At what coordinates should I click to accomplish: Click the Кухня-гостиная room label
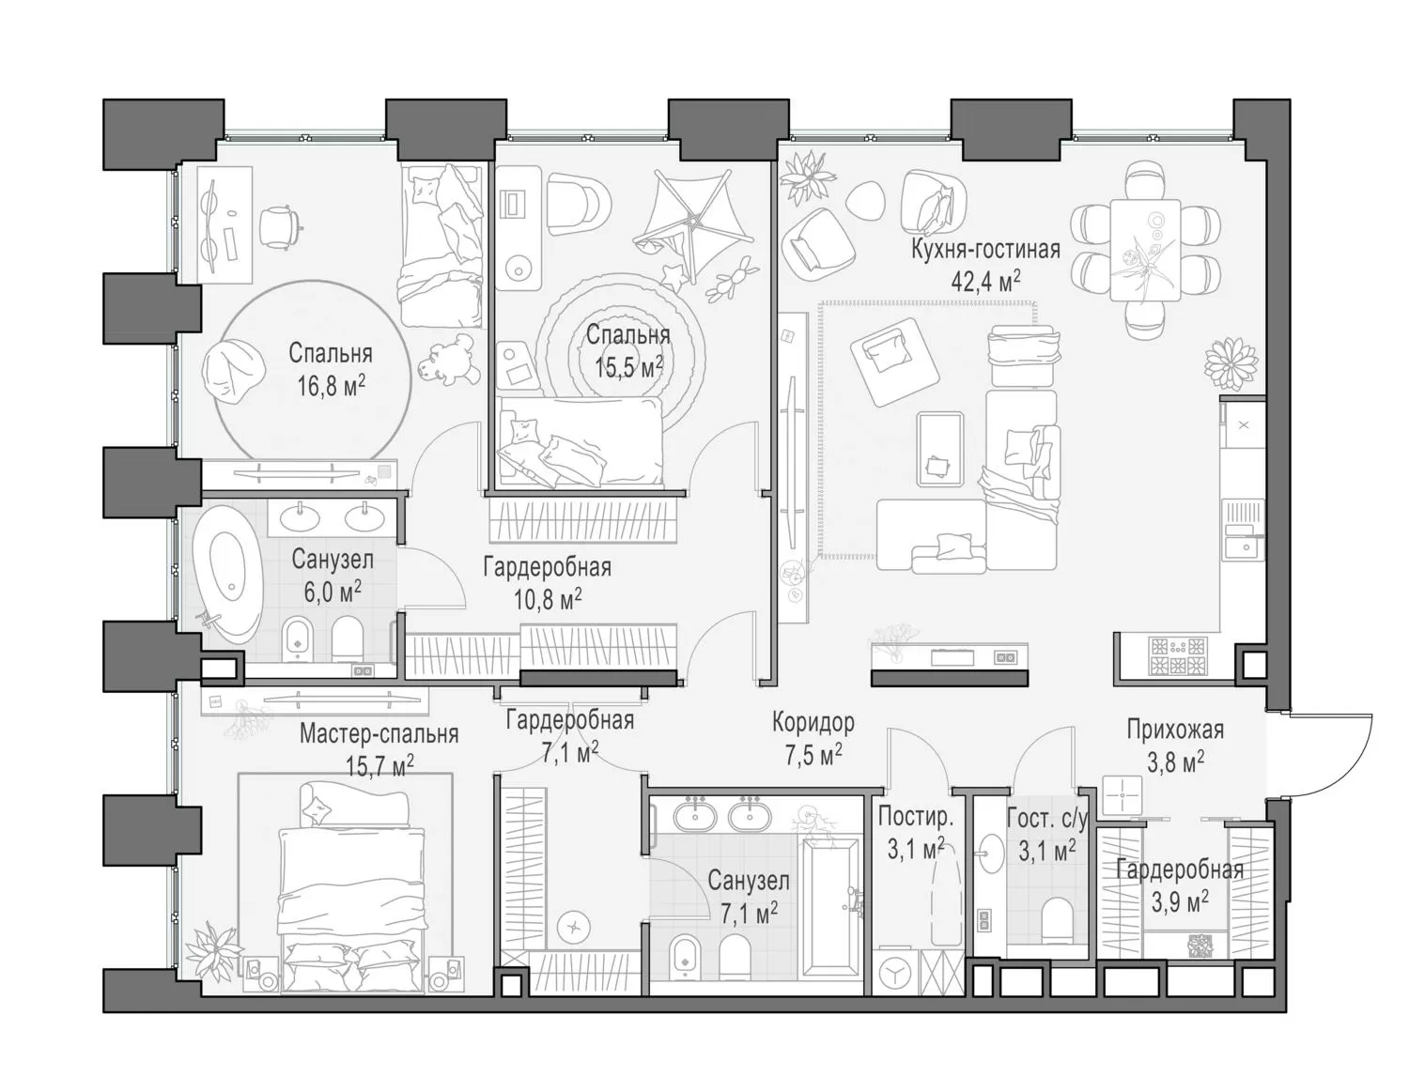(985, 250)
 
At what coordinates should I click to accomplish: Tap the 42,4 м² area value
(985, 282)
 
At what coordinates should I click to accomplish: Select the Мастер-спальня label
(379, 733)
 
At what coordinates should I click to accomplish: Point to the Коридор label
(813, 722)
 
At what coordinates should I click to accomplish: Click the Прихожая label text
(1175, 730)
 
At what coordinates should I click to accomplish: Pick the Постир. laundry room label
(916, 817)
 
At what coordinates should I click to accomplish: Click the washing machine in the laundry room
(895, 973)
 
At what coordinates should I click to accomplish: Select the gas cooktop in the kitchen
(1178, 656)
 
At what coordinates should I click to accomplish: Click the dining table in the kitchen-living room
(1145, 250)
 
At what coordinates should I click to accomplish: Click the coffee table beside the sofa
(939, 450)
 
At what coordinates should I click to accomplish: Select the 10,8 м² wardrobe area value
(548, 598)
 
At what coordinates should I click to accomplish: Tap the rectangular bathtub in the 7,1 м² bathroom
(830, 905)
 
